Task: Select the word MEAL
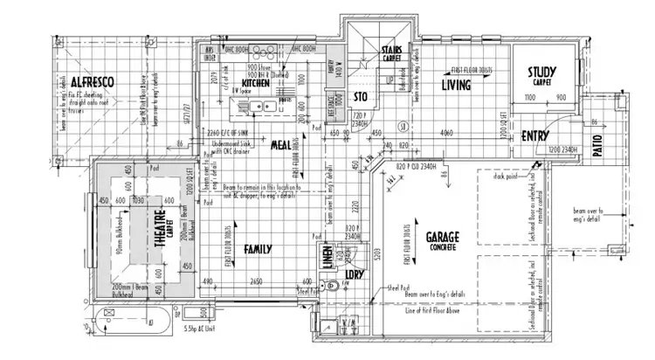click(x=281, y=144)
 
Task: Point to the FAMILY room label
click(x=258, y=249)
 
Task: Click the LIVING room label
click(x=456, y=85)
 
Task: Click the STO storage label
click(x=359, y=98)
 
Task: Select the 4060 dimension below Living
click(x=446, y=134)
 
